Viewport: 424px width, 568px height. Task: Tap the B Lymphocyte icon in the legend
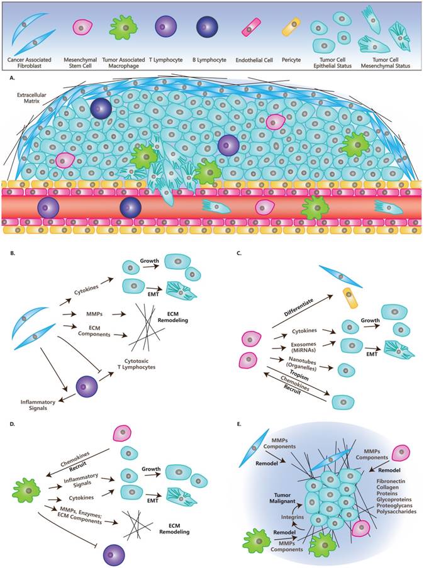pos(207,27)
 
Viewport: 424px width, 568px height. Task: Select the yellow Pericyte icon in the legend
pos(290,27)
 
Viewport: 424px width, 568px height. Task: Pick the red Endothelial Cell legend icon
pos(252,27)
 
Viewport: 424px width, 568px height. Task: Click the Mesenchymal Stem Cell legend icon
pos(83,27)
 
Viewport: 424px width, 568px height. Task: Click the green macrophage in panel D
pos(24,488)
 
